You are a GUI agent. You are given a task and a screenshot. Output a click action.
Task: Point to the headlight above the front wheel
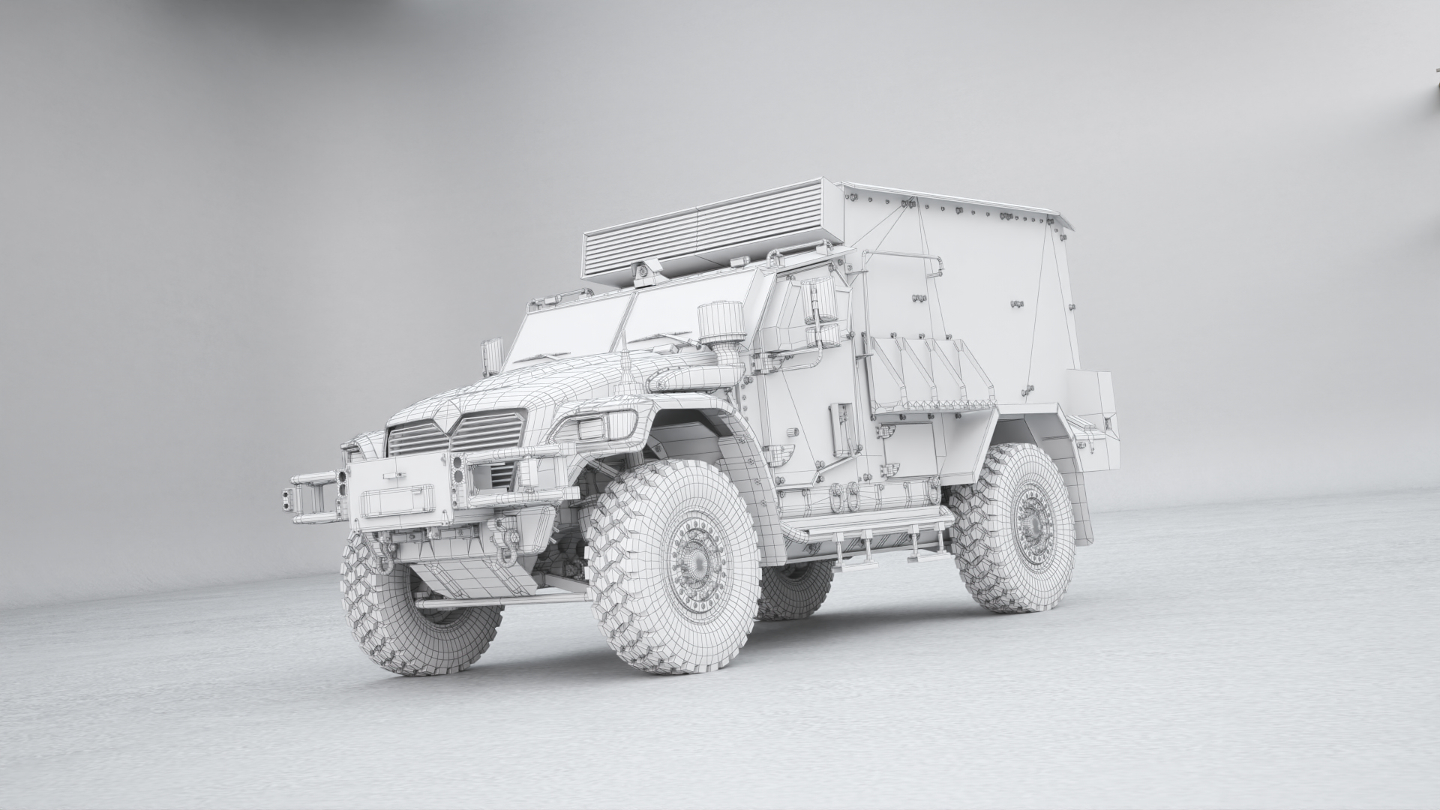[592, 429]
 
